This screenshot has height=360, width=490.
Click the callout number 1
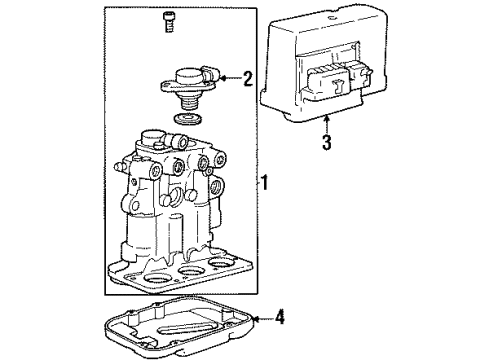point(264,183)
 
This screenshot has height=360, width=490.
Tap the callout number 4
point(280,319)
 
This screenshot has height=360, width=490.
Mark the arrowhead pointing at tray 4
point(257,319)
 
